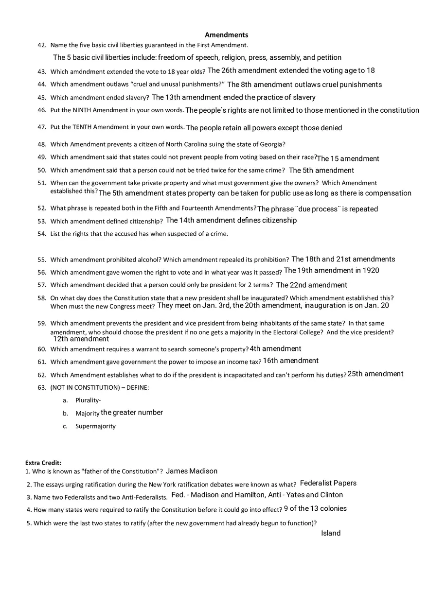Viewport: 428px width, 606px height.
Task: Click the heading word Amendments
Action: [226, 35]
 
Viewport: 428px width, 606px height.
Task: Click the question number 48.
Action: [41, 144]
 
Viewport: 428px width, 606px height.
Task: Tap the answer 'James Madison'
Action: [192, 471]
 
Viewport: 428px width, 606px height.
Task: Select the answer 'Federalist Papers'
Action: [328, 483]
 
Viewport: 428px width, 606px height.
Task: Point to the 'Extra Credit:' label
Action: [43, 463]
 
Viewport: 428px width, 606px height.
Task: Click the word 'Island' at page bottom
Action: [331, 533]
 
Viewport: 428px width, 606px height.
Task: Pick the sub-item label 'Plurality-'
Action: [88, 400]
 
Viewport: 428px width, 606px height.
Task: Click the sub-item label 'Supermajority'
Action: [95, 426]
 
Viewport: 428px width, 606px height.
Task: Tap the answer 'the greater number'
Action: [132, 413]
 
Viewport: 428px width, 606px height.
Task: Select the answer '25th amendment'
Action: [375, 374]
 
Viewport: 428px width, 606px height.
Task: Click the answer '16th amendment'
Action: [291, 361]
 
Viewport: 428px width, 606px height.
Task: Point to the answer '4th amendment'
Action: [275, 348]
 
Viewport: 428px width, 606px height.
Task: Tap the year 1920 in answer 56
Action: [371, 270]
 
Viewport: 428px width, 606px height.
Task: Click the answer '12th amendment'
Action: [81, 339]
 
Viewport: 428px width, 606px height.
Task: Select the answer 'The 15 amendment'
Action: [348, 158]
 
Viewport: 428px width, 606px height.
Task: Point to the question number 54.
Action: [41, 234]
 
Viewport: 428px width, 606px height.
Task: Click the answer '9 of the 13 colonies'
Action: [315, 508]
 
